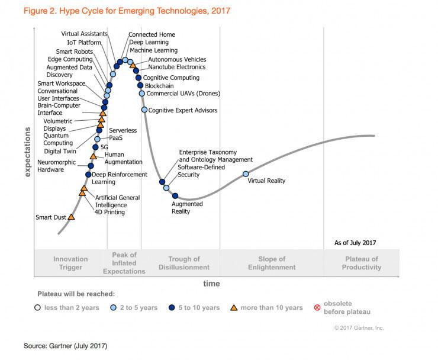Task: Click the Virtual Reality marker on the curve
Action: (246, 174)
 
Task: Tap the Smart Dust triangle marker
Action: (71, 217)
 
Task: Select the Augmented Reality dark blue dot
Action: (175, 196)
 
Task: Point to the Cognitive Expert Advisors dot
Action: (144, 110)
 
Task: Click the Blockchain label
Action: (159, 86)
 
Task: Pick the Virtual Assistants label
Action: (85, 34)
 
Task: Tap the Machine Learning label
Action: (154, 50)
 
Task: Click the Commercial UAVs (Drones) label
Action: (183, 94)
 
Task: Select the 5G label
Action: (104, 147)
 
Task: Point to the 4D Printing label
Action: (109, 212)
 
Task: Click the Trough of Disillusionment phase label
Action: (184, 263)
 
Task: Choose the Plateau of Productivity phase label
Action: (362, 263)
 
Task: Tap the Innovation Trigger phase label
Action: (70, 263)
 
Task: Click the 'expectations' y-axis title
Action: (27, 152)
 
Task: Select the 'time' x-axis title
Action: (211, 284)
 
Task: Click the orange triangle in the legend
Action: (234, 308)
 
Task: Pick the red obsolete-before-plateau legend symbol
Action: (317, 308)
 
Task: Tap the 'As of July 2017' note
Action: (355, 243)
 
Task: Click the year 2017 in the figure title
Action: (221, 11)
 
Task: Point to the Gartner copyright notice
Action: (359, 328)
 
